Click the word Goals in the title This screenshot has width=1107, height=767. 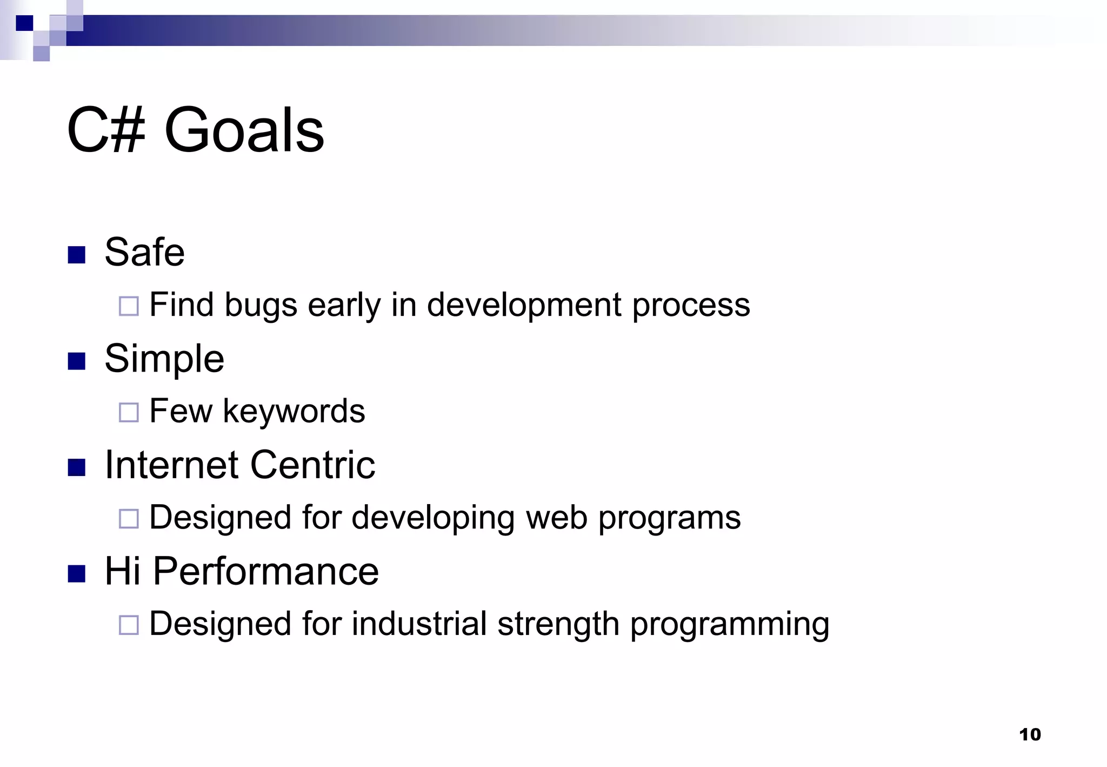pos(244,130)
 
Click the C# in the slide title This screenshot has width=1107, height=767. pos(106,130)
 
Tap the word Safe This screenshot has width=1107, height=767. pos(144,252)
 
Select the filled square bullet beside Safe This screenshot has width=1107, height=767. pos(77,255)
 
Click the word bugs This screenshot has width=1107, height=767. pos(261,306)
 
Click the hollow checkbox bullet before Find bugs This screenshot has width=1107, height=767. pos(129,306)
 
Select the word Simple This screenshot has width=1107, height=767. pos(164,359)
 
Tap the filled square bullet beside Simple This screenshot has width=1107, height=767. pos(77,361)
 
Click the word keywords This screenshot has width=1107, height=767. pos(294,411)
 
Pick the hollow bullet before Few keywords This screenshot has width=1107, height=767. pos(129,412)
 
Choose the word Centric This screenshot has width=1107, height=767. pos(312,465)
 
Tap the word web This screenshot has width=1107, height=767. pos(556,518)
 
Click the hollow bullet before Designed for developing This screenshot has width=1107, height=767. pos(129,519)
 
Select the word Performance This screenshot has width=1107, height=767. pos(265,571)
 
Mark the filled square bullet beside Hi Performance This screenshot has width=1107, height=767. pos(77,574)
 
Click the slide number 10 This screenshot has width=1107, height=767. pos(1030,735)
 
